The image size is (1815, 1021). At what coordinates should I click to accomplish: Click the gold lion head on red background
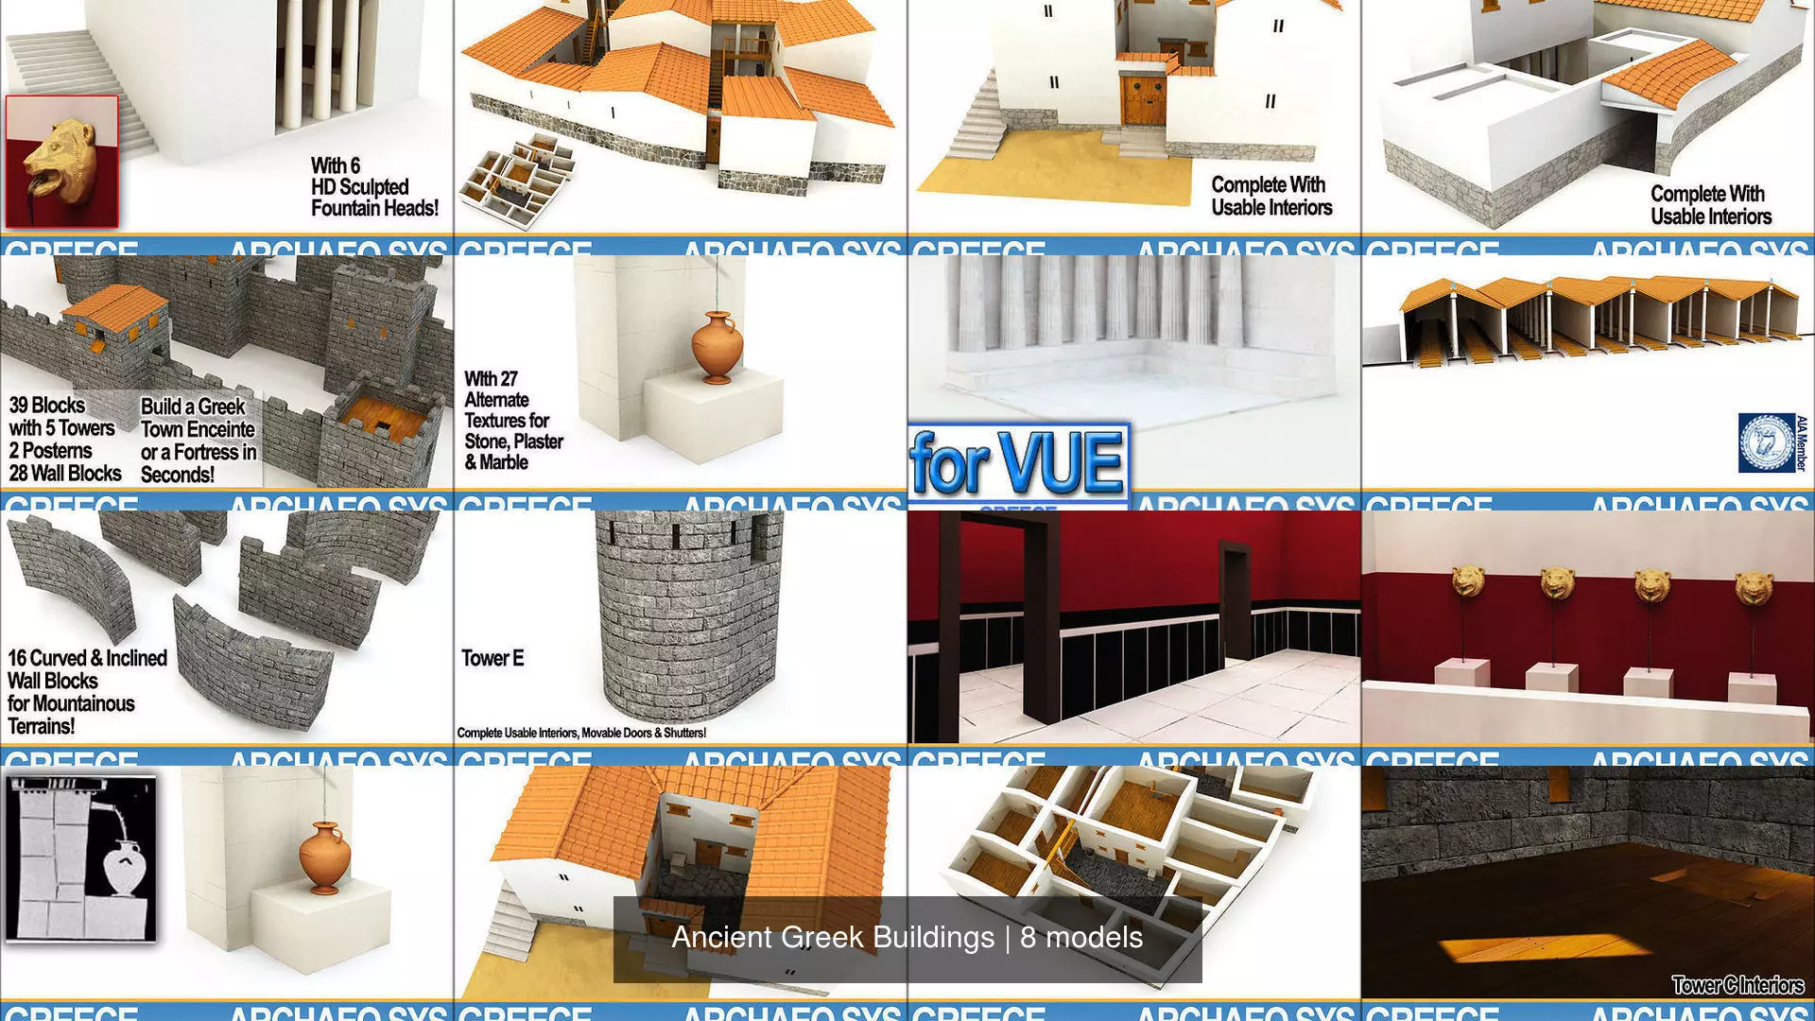click(x=61, y=161)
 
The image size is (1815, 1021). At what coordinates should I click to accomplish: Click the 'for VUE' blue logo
click(x=1017, y=463)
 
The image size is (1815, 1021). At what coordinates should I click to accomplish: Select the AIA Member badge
click(x=1768, y=442)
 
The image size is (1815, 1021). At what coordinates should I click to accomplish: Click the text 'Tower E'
click(x=493, y=659)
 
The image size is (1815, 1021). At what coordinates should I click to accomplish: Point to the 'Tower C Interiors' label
click(x=1737, y=985)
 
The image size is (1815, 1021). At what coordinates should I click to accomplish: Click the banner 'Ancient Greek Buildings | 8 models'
click(x=907, y=938)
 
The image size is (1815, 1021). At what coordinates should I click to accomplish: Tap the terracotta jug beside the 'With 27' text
click(x=717, y=347)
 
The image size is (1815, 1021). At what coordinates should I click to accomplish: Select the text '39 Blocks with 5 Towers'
click(x=61, y=417)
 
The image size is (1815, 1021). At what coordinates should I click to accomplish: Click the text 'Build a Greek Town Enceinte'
click(x=197, y=418)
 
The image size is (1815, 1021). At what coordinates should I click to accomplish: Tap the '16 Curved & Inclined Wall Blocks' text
click(x=87, y=669)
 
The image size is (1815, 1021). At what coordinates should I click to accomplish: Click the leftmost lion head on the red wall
click(x=1467, y=583)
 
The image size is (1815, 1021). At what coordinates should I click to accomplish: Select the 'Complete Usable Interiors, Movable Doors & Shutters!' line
click(x=581, y=733)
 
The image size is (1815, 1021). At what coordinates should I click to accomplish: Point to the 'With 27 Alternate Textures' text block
click(x=512, y=421)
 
